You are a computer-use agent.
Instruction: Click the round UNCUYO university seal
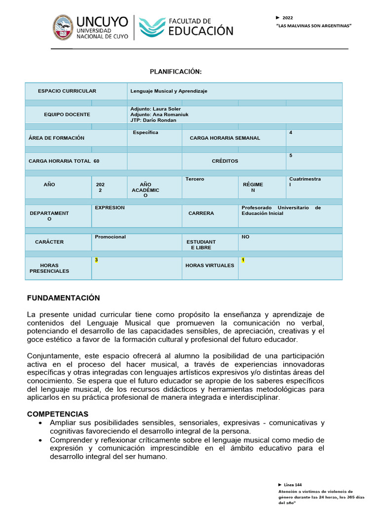(x=63, y=28)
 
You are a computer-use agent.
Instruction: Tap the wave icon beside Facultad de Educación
(x=152, y=28)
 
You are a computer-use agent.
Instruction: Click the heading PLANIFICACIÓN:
(x=176, y=72)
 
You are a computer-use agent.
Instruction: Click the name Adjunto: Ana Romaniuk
(x=159, y=115)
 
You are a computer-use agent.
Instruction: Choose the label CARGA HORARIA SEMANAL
(x=225, y=138)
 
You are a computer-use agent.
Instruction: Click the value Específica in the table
(x=145, y=132)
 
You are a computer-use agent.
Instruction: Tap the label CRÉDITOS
(x=225, y=161)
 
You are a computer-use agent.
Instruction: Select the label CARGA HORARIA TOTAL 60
(x=64, y=161)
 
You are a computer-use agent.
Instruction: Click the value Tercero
(x=194, y=179)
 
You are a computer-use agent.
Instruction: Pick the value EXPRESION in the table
(x=110, y=208)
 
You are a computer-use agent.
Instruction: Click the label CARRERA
(x=201, y=213)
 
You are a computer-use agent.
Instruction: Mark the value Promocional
(x=110, y=237)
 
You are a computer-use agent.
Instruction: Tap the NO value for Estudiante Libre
(x=245, y=237)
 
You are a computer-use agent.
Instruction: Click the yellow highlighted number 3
(x=96, y=260)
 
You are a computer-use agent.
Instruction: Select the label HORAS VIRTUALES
(x=210, y=265)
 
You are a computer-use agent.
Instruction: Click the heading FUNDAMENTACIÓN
(x=63, y=298)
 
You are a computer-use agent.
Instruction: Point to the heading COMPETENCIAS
(x=57, y=414)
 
